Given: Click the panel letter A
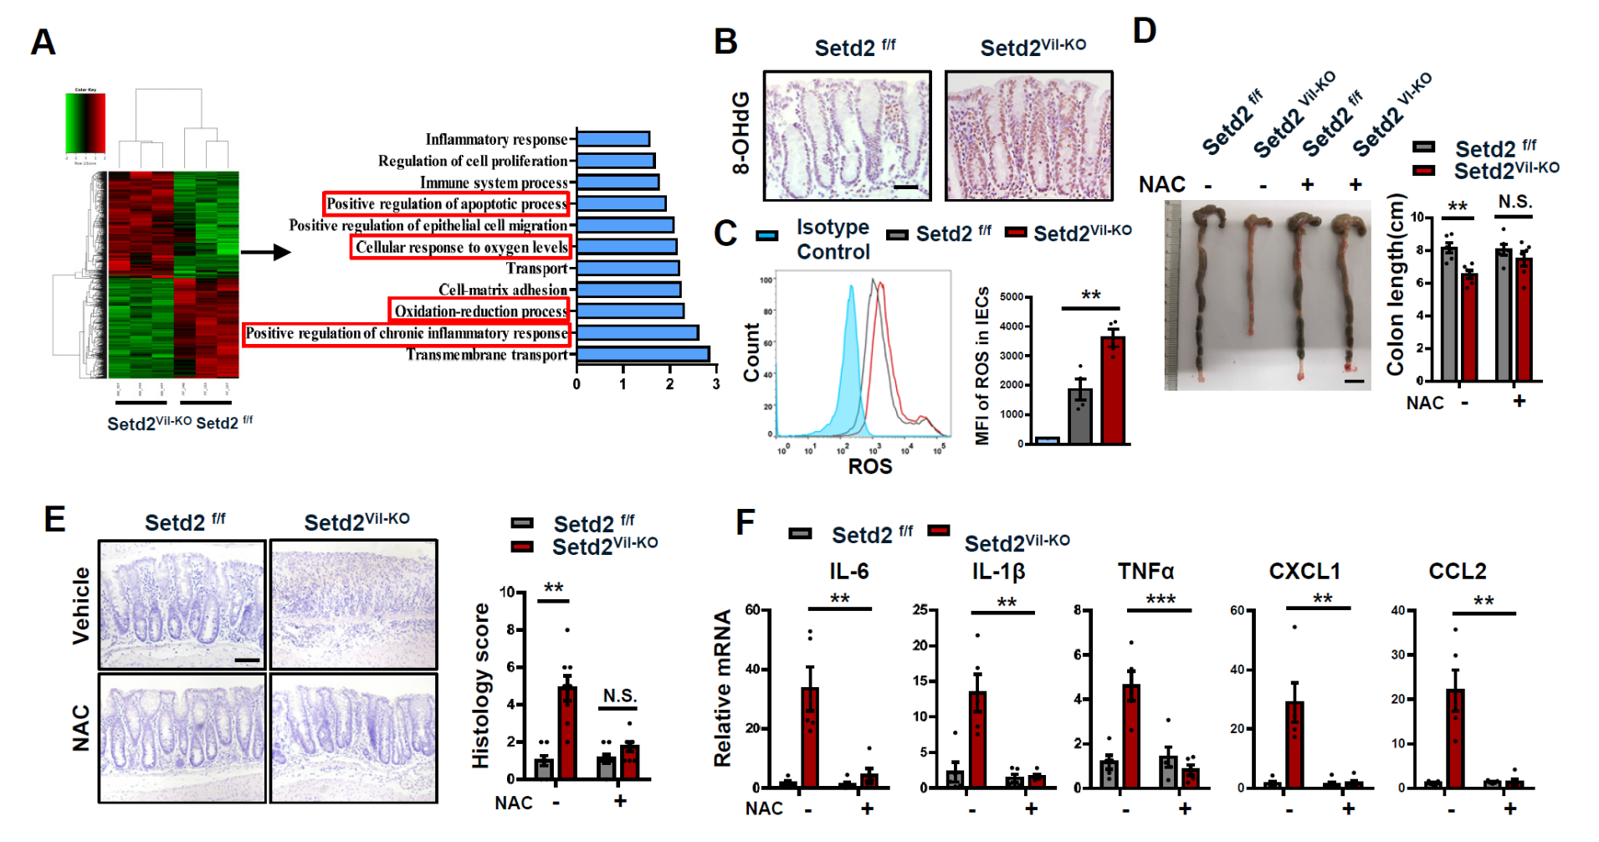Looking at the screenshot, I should tap(43, 42).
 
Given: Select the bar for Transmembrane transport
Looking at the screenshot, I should tap(643, 355).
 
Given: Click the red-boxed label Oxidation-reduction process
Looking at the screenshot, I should tap(480, 311).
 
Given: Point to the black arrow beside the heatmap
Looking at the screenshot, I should tap(265, 251).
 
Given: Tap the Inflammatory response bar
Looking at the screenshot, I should tap(612, 139).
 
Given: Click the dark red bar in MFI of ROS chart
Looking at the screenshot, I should tap(1113, 389).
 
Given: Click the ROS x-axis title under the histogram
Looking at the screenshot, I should tap(870, 467).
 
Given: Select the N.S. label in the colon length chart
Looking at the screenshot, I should tap(1514, 202).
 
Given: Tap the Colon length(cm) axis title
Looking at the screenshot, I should tap(1395, 285).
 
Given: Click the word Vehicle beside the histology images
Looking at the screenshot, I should tap(81, 605).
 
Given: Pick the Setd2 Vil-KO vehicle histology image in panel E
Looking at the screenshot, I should tap(353, 604).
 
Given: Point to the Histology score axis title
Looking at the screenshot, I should tap(480, 685).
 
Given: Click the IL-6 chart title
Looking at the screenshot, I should tap(848, 571).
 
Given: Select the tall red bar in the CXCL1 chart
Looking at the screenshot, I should tap(1294, 744).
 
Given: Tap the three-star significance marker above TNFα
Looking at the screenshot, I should tap(1161, 599).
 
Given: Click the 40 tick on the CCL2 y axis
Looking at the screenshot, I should tap(1397, 610).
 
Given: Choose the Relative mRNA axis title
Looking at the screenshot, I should tap(722, 688).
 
